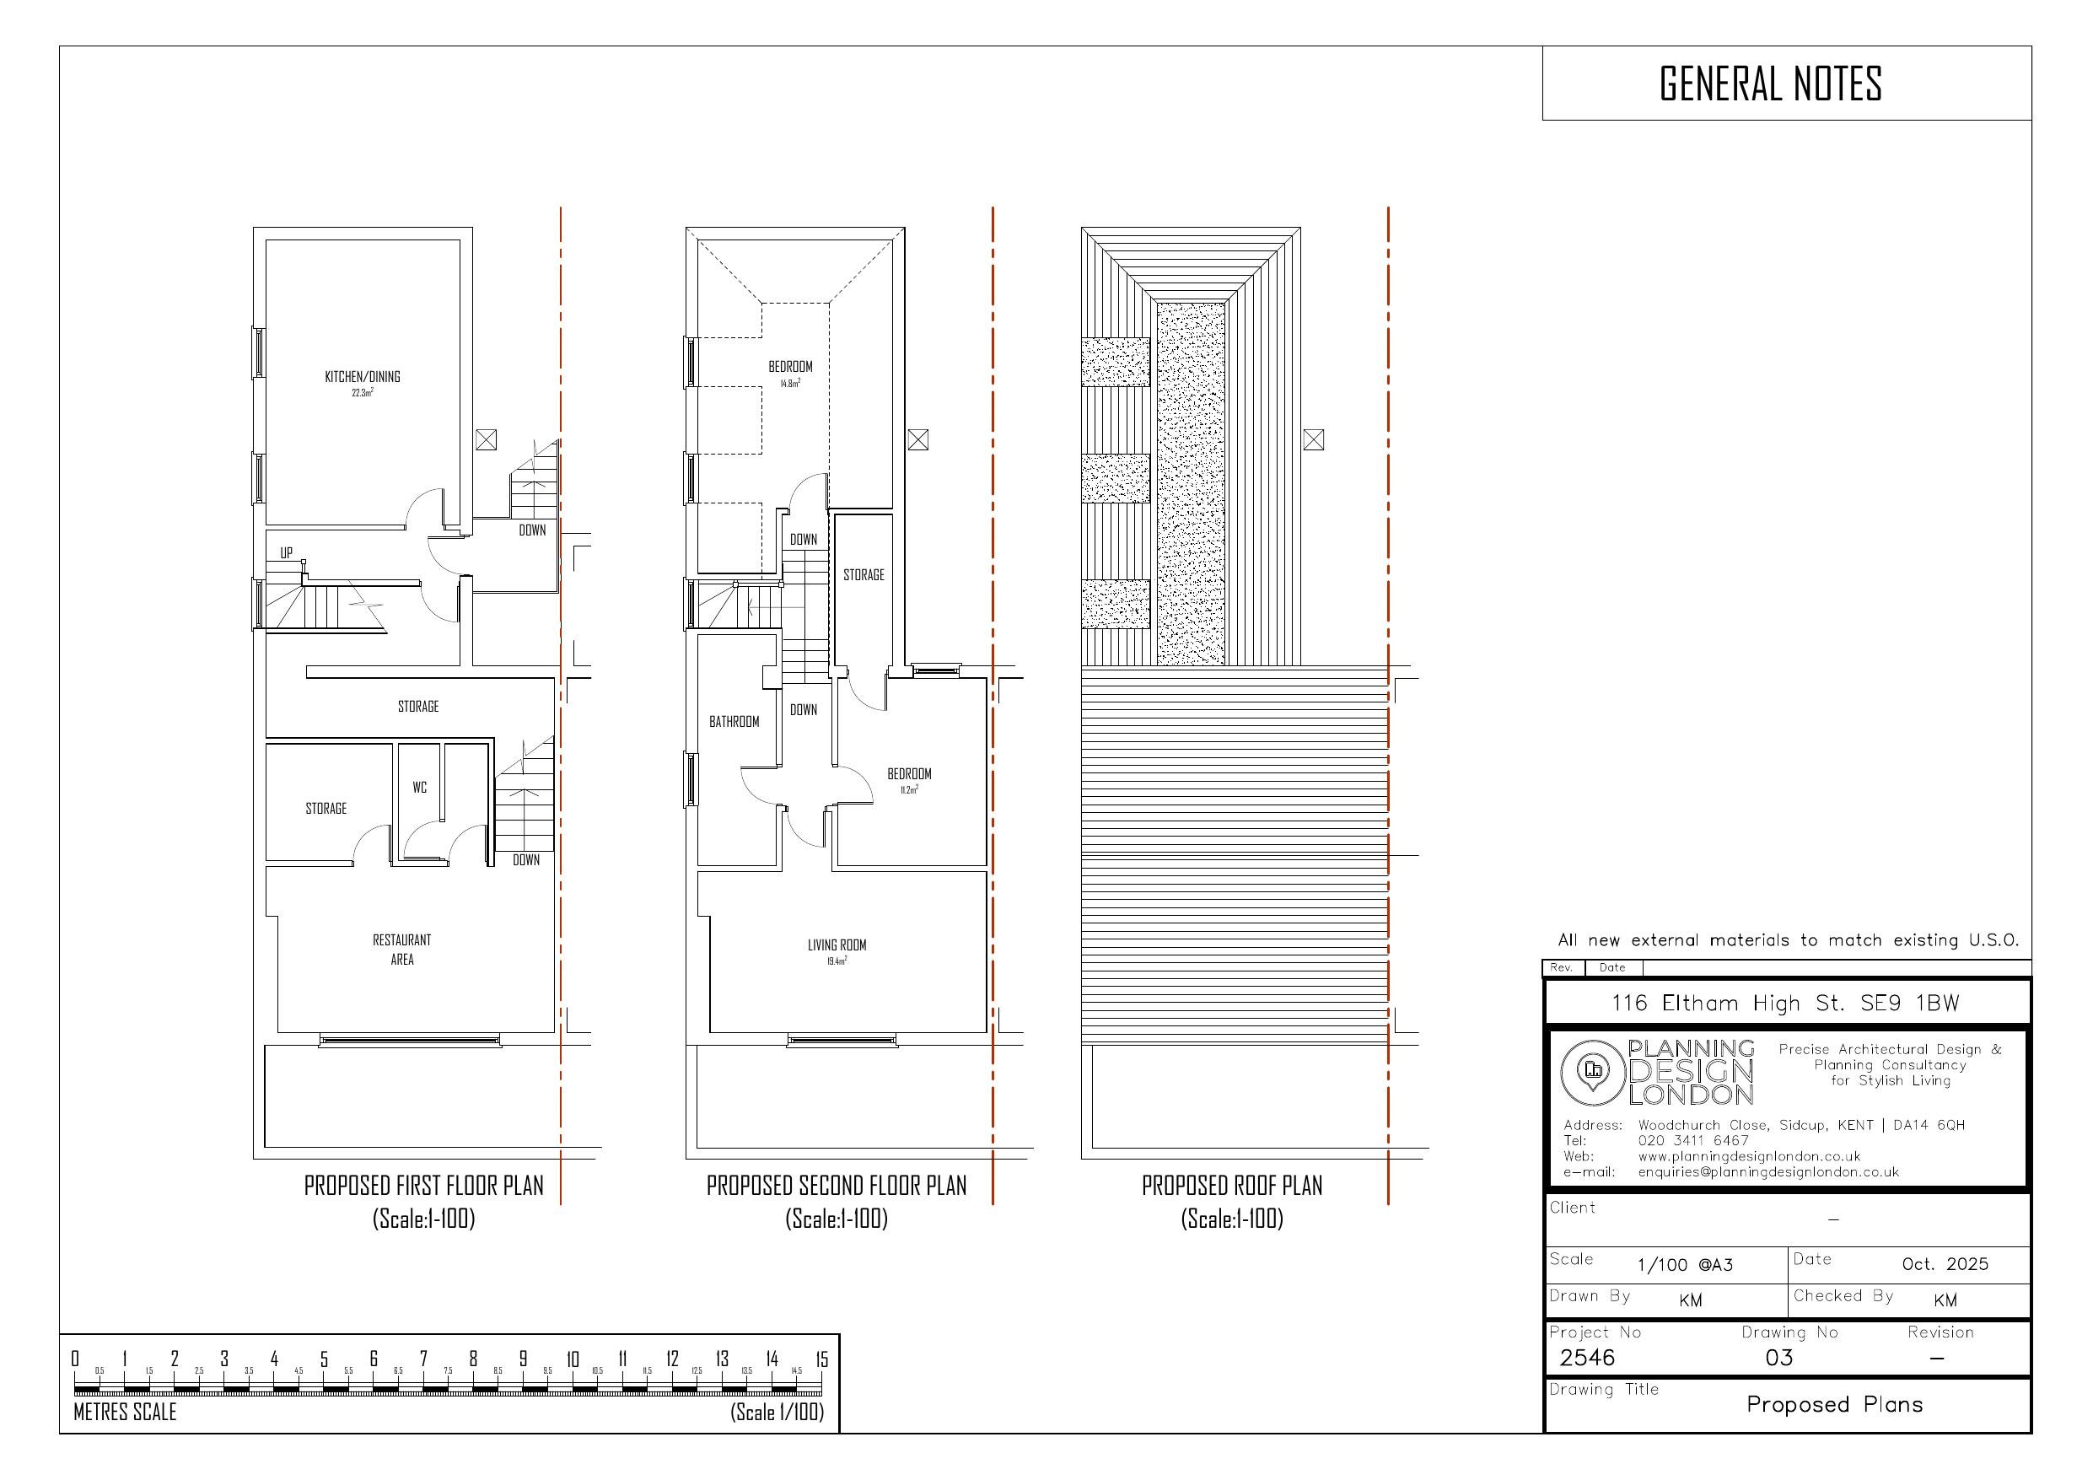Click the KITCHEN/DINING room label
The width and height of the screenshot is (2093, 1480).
pyautogui.click(x=362, y=377)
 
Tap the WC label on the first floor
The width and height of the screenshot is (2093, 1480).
pyautogui.click(x=419, y=788)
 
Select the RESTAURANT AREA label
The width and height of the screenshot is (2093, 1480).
pyautogui.click(x=402, y=950)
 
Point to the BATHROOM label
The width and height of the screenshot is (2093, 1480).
pyautogui.click(x=734, y=722)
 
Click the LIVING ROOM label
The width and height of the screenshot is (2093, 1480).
pyautogui.click(x=837, y=945)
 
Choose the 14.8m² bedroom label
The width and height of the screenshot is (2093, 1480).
pyautogui.click(x=790, y=368)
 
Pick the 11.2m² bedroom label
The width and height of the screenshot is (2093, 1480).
pyautogui.click(x=909, y=774)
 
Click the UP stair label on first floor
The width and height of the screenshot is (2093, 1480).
pyautogui.click(x=286, y=553)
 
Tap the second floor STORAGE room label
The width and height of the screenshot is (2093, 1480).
pyautogui.click(x=864, y=575)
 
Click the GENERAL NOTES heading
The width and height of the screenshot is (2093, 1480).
pyautogui.click(x=1770, y=83)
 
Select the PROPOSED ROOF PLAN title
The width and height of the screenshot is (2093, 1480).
pyautogui.click(x=1231, y=1186)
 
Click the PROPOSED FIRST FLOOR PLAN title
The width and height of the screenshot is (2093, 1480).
pyautogui.click(x=423, y=1186)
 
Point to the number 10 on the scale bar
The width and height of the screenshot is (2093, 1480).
pyautogui.click(x=573, y=1359)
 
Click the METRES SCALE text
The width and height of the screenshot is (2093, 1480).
pyautogui.click(x=125, y=1413)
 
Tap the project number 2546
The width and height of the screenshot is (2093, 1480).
pyautogui.click(x=1587, y=1358)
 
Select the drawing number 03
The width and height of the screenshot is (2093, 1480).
pyautogui.click(x=1778, y=1358)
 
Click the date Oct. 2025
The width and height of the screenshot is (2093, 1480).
pyautogui.click(x=1945, y=1264)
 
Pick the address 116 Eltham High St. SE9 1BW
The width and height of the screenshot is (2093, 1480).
pyautogui.click(x=1785, y=1003)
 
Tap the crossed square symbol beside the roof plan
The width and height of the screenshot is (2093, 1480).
pyautogui.click(x=1313, y=440)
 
